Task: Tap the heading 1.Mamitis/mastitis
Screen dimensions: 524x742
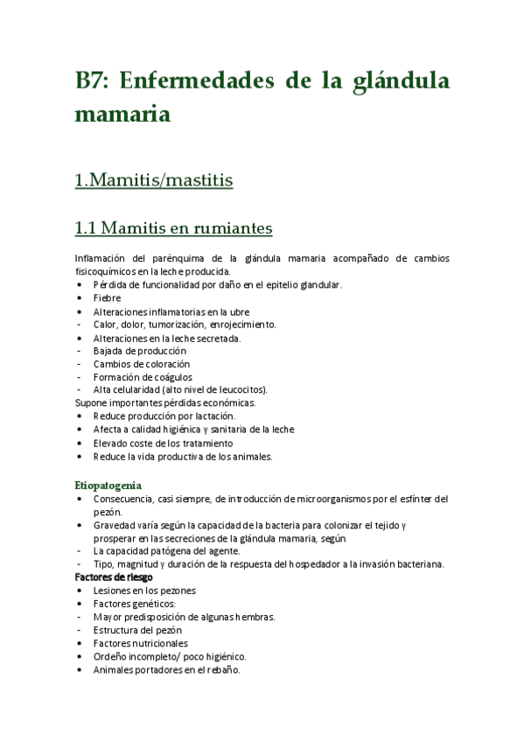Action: click(154, 181)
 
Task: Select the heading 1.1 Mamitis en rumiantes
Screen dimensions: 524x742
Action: click(173, 228)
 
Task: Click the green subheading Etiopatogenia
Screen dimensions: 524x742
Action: click(108, 485)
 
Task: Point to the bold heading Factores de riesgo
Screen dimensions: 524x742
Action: click(114, 577)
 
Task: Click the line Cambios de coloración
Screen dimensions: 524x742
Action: click(141, 363)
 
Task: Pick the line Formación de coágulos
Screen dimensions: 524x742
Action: click(143, 376)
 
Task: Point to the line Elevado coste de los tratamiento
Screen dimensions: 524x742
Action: click(164, 443)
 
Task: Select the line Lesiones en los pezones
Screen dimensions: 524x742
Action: click(144, 591)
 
